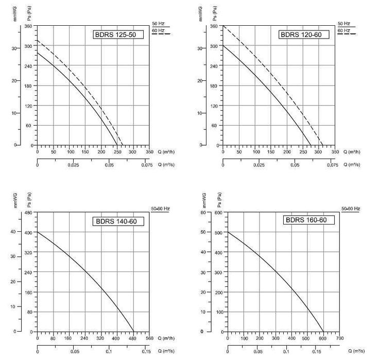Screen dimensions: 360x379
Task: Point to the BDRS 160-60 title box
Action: coord(306,220)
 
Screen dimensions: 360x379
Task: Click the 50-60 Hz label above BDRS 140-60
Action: coord(161,208)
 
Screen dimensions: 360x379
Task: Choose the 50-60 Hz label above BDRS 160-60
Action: coord(351,208)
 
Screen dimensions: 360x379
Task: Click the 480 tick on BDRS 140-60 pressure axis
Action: coord(29,213)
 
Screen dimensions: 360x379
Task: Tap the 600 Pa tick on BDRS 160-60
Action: coord(218,212)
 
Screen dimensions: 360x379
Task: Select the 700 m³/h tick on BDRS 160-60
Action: coord(340,339)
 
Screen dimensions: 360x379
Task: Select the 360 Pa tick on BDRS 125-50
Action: coord(29,26)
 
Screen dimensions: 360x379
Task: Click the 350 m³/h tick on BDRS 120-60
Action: coord(335,152)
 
